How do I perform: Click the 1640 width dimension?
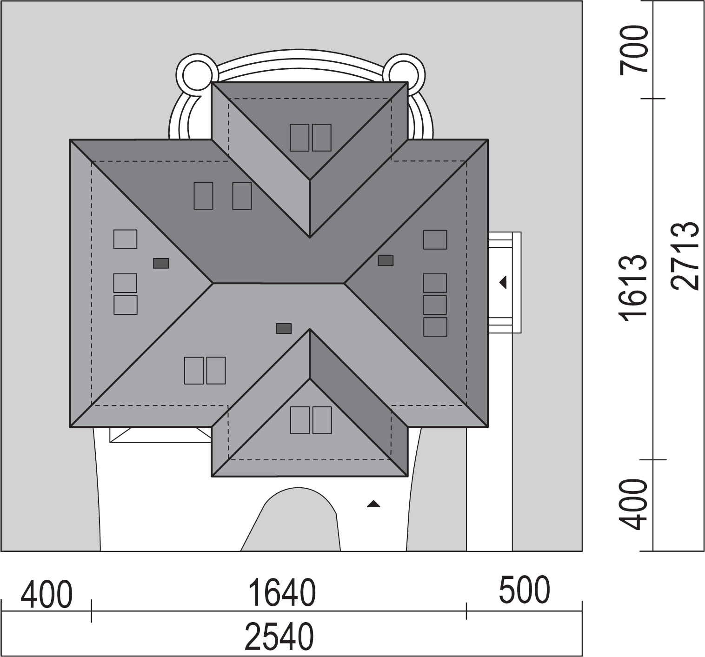coord(282,593)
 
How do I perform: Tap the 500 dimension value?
coord(524,590)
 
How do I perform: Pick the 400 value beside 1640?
coord(47,594)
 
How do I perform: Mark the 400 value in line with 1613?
coord(634,504)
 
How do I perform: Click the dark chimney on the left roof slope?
coord(161,263)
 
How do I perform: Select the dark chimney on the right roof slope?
coord(386,260)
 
